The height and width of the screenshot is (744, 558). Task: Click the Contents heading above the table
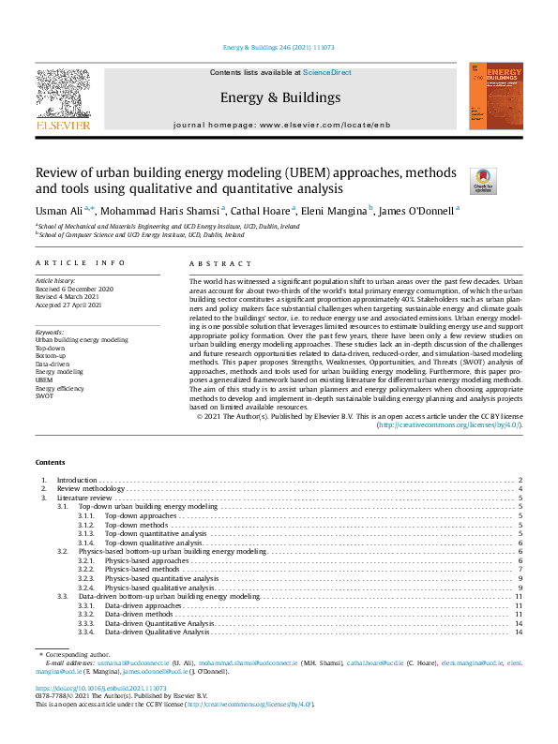pos(50,463)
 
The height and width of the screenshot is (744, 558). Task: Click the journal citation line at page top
pos(279,48)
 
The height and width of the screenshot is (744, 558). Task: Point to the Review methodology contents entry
pos(91,489)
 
